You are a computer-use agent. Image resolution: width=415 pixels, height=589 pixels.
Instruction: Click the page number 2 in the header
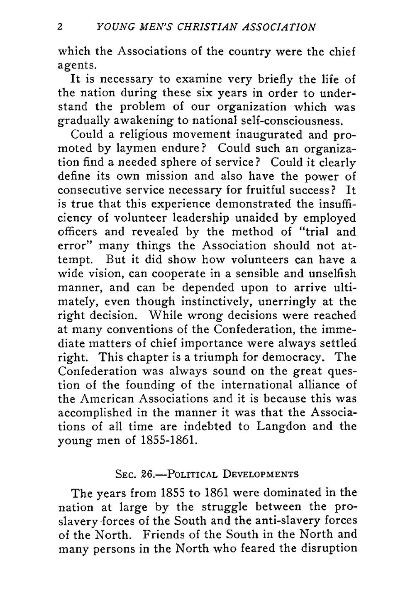point(60,27)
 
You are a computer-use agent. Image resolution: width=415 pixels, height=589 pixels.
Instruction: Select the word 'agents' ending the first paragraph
point(76,66)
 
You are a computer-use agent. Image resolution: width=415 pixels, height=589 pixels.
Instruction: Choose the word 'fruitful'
point(271,190)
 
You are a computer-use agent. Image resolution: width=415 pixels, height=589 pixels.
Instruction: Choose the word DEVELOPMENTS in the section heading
point(260,474)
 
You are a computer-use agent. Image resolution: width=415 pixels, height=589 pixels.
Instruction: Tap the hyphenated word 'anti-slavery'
point(283,521)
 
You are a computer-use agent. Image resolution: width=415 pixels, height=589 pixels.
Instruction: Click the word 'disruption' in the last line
point(330,548)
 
